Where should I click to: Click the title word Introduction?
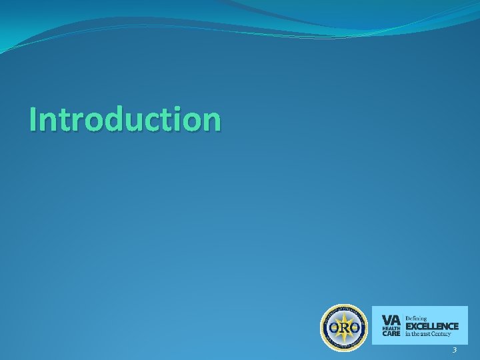(x=125, y=119)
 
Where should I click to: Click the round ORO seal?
(x=343, y=328)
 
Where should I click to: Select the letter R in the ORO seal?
(x=343, y=328)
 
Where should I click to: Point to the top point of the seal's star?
(x=343, y=312)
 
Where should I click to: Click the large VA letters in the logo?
(x=391, y=319)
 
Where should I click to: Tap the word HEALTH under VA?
(x=391, y=328)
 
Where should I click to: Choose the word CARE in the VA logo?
(x=391, y=334)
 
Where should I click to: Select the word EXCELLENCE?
(x=432, y=326)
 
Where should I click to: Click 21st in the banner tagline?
(x=427, y=334)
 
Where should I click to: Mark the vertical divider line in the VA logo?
(x=403, y=325)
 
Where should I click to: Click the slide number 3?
(x=454, y=351)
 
